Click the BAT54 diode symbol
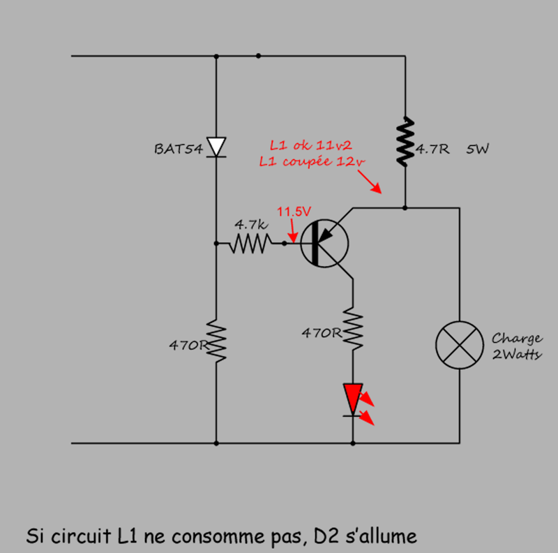[217, 147]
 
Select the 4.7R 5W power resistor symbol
[405, 142]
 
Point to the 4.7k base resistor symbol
[250, 244]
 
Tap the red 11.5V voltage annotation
[294, 210]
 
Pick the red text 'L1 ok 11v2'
[311, 145]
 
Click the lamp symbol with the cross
[460, 344]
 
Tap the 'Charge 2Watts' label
[517, 346]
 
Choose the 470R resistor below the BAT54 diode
[216, 341]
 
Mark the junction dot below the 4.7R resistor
[405, 207]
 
